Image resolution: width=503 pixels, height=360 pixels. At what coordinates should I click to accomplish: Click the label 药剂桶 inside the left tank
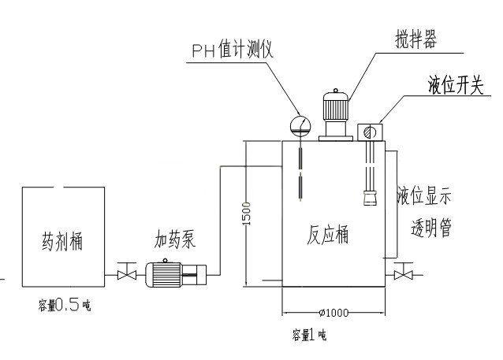click(x=61, y=239)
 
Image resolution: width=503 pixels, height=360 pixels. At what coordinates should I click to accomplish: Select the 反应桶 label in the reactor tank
click(x=326, y=234)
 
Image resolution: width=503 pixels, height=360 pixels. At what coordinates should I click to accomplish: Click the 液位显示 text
click(x=425, y=194)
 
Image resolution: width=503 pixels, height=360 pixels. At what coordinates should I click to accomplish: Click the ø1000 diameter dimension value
click(x=333, y=313)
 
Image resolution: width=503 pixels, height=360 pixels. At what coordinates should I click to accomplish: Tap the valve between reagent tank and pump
click(x=123, y=274)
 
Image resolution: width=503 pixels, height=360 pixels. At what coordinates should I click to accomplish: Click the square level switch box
click(x=369, y=131)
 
